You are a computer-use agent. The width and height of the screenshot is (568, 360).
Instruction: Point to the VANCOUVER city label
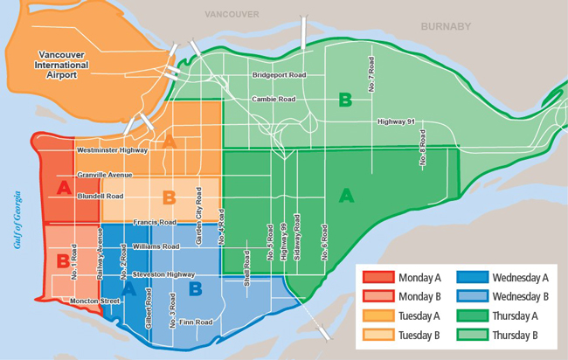(231, 15)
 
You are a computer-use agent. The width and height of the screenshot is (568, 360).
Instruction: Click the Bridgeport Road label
(280, 76)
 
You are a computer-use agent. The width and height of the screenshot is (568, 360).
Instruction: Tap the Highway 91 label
(396, 121)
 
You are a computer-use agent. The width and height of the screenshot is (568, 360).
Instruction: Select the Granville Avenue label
(105, 175)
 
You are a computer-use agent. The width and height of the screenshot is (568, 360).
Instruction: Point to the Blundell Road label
(100, 197)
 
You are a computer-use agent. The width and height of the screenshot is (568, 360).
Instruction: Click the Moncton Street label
(96, 301)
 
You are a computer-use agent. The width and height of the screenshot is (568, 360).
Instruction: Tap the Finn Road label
(197, 322)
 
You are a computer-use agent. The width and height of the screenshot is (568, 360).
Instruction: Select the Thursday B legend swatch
(471, 335)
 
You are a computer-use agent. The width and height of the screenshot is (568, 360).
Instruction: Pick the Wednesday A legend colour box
(471, 278)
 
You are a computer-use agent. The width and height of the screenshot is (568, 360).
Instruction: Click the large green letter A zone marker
(346, 196)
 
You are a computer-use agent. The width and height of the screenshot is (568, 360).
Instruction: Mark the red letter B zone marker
(63, 260)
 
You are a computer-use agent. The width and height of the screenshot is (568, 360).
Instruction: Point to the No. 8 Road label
(422, 150)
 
